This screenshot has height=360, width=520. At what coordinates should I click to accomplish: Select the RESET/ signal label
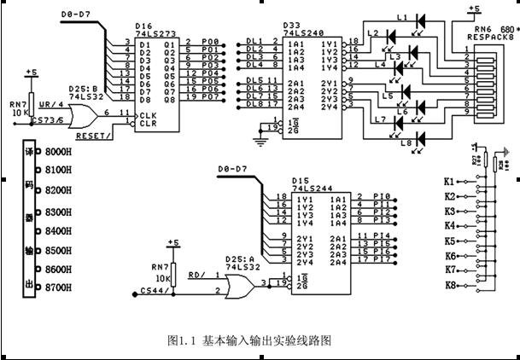pyautogui.click(x=91, y=134)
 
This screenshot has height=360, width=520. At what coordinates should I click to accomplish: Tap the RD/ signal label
pyautogui.click(x=196, y=275)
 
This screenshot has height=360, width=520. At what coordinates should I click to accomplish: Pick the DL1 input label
pyautogui.click(x=253, y=41)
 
